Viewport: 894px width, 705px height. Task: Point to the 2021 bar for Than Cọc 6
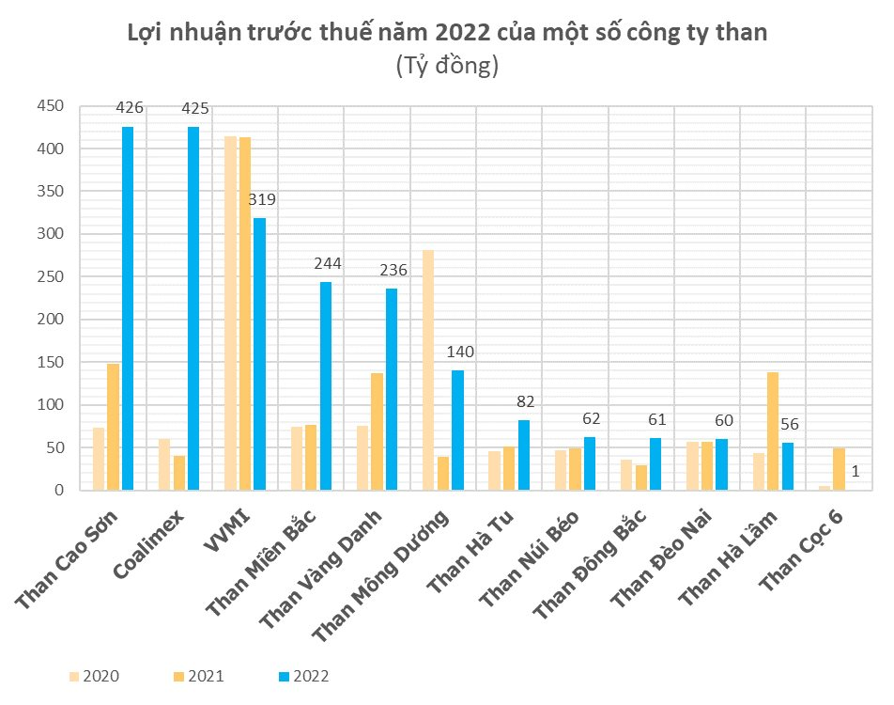pyautogui.click(x=839, y=469)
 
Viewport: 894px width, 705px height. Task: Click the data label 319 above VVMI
pyautogui.click(x=262, y=200)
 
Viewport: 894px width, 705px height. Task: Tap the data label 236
pyautogui.click(x=393, y=271)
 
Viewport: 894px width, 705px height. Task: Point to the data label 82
pyautogui.click(x=525, y=402)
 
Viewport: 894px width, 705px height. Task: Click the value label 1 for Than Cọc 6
pyautogui.click(x=855, y=471)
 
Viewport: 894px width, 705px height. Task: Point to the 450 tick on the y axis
pyautogui.click(x=51, y=106)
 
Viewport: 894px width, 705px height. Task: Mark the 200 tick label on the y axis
pyautogui.click(x=51, y=320)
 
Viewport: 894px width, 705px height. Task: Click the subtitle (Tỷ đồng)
pyautogui.click(x=447, y=67)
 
